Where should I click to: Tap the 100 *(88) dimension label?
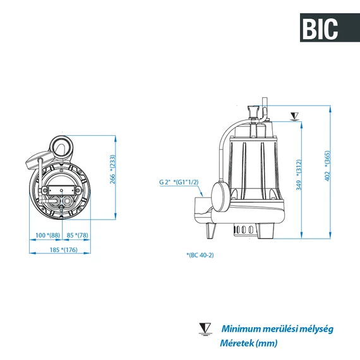pyautogui.click(x=48, y=236)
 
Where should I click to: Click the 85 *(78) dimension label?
pyautogui.click(x=78, y=236)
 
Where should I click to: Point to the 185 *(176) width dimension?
pyautogui.click(x=63, y=250)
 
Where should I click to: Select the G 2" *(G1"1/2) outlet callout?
pyautogui.click(x=179, y=182)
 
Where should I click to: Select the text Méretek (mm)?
pyautogui.click(x=248, y=342)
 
